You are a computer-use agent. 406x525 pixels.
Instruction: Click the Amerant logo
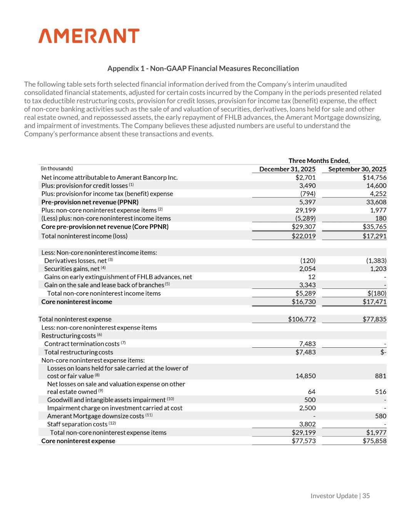pos(89,36)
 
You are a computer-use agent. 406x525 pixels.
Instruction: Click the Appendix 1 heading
pos(203,68)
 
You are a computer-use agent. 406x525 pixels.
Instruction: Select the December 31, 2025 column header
pos(287,169)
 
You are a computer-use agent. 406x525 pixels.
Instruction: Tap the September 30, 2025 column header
pos(357,169)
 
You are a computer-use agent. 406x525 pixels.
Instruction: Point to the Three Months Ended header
pos(319,161)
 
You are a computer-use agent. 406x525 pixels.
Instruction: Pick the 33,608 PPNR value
pos(376,202)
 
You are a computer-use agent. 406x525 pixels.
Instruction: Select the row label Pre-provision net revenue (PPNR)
pos(90,202)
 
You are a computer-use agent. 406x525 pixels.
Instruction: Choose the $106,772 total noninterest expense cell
pos(302,319)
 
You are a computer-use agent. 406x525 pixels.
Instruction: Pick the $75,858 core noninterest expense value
pos(374,441)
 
